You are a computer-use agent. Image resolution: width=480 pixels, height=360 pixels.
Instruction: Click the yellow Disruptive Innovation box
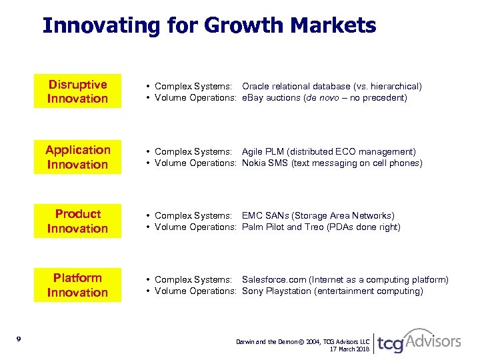click(77, 91)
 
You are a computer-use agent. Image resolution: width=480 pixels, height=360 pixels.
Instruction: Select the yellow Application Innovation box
click(77, 157)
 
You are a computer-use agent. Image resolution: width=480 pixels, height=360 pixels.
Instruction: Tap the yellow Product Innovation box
click(77, 221)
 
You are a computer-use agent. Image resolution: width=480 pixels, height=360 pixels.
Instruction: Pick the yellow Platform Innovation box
click(77, 285)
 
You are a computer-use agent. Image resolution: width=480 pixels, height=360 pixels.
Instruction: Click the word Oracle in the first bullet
click(255, 87)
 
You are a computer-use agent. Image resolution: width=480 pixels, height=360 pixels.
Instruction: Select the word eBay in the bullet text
click(253, 98)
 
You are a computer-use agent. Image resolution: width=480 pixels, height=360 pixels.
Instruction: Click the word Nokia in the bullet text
click(254, 163)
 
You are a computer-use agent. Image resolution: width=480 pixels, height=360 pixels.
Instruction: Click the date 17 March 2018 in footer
click(350, 349)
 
